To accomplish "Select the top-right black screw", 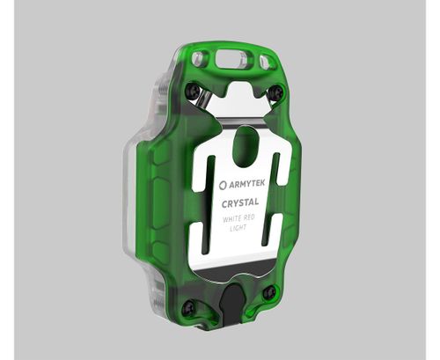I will tap(276, 91).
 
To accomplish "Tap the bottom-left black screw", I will tap(187, 307).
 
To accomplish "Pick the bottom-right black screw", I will tap(270, 291).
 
